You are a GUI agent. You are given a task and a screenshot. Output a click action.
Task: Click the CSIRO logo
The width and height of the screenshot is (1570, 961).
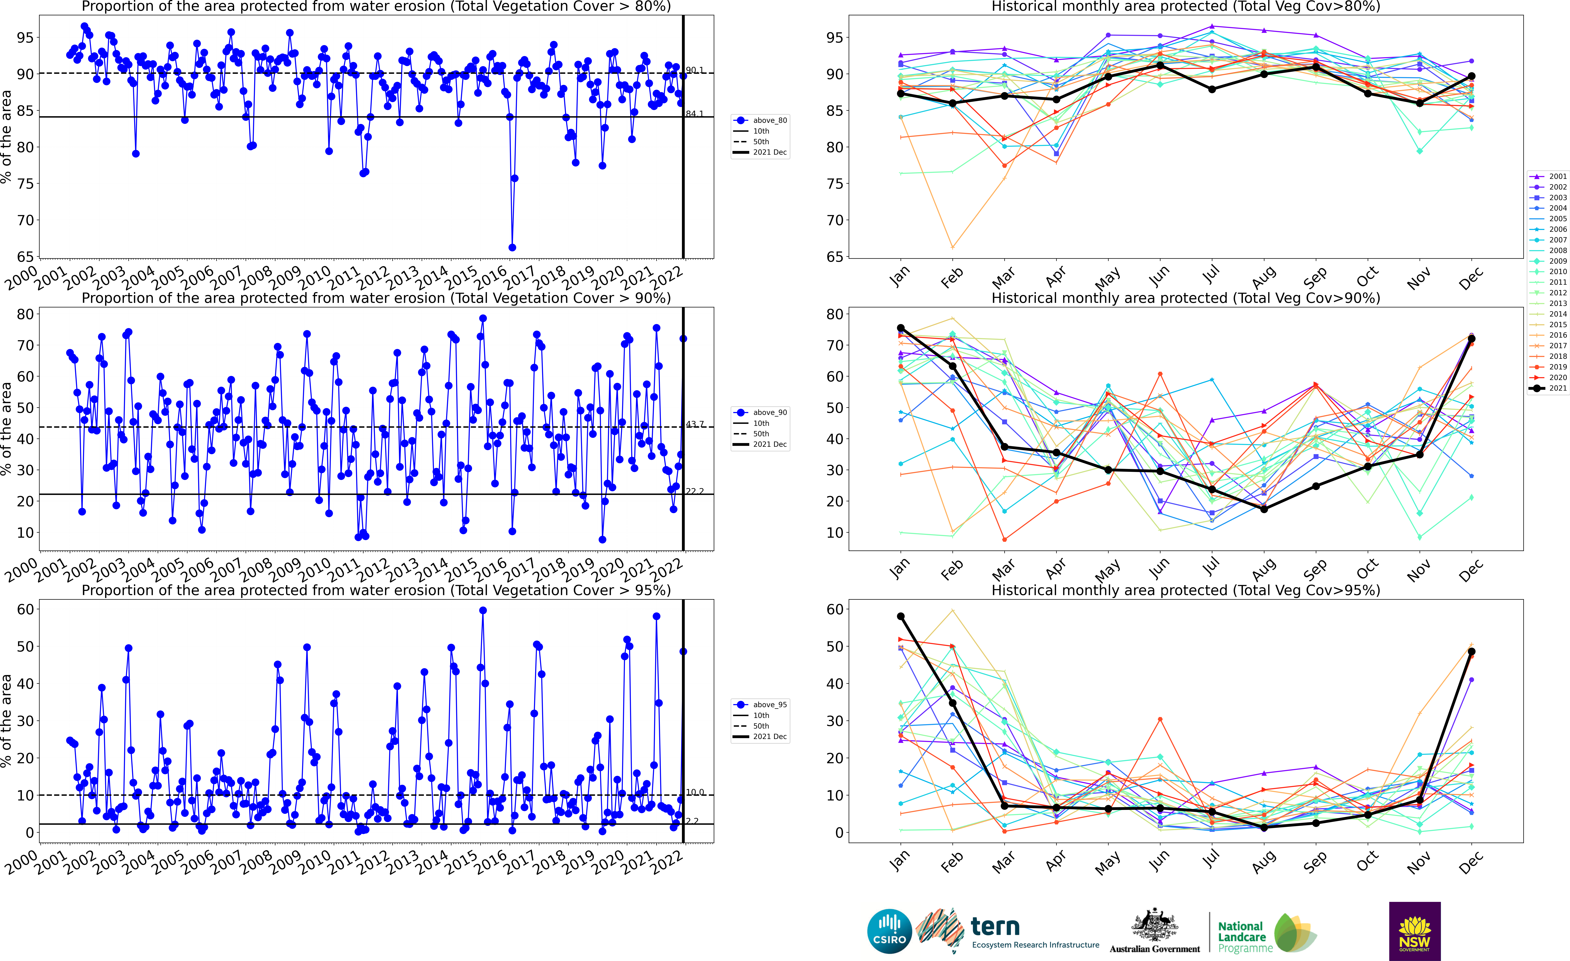pyautogui.click(x=889, y=931)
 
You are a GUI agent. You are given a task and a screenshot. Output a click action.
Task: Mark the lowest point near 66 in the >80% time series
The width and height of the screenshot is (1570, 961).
pyautogui.click(x=512, y=247)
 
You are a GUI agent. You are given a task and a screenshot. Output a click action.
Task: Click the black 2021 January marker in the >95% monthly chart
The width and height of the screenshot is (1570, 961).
pyautogui.click(x=900, y=616)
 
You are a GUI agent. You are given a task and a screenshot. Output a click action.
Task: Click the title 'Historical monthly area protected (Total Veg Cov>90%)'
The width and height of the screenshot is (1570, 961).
pyautogui.click(x=1186, y=298)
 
